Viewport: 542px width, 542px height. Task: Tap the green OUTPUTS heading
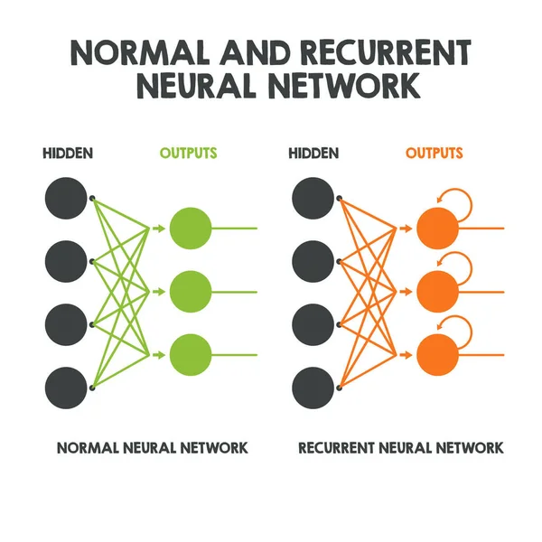[x=188, y=153]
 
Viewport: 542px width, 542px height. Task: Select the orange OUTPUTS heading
[x=434, y=153]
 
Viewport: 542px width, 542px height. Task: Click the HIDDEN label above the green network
[x=67, y=153]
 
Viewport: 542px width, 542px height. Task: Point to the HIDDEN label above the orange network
[x=313, y=153]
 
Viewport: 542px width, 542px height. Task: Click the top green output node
[x=190, y=228]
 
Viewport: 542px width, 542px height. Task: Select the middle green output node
[x=190, y=291]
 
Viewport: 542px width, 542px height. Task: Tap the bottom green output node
[x=190, y=354]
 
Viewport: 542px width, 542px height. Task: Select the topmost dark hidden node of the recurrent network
[x=313, y=198]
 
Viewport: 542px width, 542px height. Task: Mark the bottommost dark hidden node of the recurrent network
[x=313, y=386]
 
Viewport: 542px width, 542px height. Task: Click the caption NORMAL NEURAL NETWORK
[x=152, y=448]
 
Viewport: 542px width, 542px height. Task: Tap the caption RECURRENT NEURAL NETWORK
[x=401, y=448]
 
